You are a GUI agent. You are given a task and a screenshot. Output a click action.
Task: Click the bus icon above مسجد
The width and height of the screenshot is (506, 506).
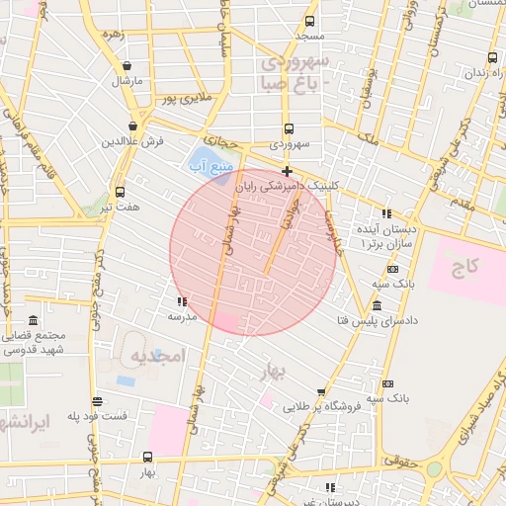point(309,21)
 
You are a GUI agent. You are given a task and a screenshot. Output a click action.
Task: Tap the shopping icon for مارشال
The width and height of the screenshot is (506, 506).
point(125,61)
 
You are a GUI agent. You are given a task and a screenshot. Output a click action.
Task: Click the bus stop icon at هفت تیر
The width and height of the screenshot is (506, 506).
point(120,192)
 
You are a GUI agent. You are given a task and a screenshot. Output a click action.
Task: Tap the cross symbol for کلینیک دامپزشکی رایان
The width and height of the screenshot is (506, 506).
point(287,171)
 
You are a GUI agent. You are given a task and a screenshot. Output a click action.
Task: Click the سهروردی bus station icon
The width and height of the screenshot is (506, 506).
point(289,128)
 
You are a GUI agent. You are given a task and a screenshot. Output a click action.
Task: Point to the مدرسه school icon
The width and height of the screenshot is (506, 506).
point(181,301)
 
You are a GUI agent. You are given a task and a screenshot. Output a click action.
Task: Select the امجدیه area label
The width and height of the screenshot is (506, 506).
point(157,357)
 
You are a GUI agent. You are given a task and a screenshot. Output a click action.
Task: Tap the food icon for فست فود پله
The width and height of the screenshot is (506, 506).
point(97,401)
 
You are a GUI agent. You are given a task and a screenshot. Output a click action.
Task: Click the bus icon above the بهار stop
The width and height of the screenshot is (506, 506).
point(147,457)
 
